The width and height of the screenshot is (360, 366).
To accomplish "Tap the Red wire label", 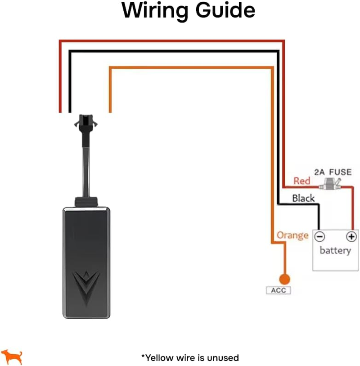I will click(302, 181).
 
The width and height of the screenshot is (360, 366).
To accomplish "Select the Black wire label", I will click(303, 198).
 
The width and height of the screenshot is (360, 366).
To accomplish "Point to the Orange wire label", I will click(292, 235).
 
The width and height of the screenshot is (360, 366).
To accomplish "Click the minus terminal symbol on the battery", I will click(319, 236).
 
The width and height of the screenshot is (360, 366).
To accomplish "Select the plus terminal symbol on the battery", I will click(351, 236).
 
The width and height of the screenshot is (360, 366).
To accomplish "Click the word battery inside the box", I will click(335, 251).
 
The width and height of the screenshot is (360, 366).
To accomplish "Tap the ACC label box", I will click(279, 290).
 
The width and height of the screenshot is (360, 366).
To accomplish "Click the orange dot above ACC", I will click(284, 279).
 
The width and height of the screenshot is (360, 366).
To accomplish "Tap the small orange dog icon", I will click(12, 356).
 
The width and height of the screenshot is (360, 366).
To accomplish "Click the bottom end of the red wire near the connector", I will click(60, 109).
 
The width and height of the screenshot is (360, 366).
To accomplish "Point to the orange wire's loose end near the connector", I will click(110, 109).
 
